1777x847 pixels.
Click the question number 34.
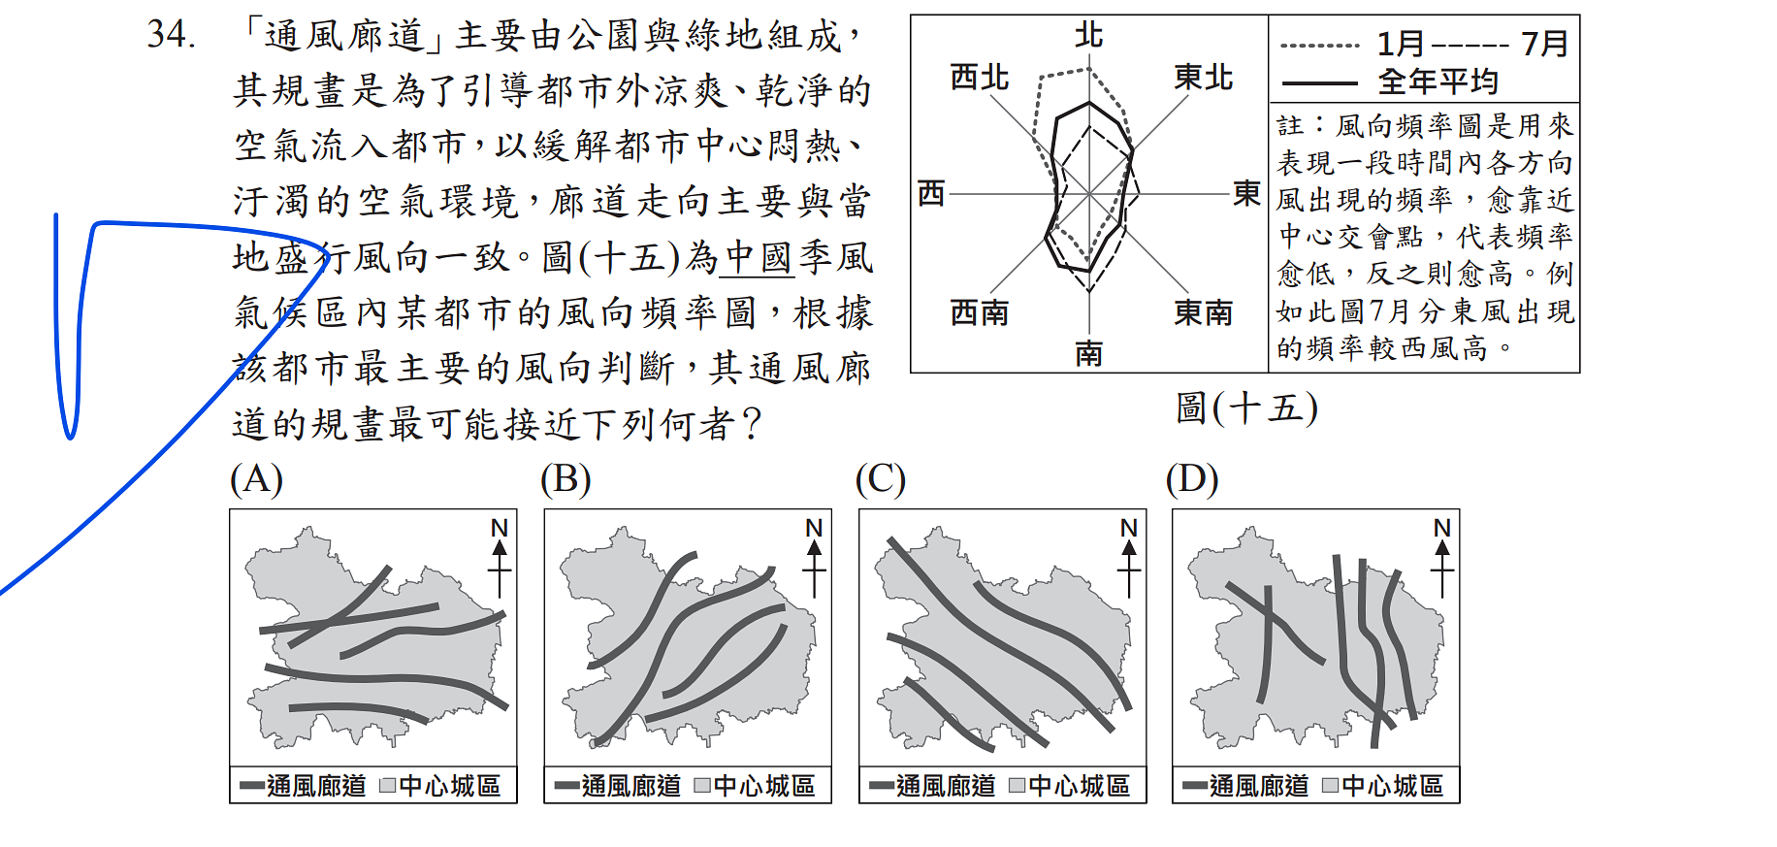[172, 35]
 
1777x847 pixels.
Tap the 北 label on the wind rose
[1089, 36]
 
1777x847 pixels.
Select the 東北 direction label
[1203, 77]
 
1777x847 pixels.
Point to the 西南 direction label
[979, 312]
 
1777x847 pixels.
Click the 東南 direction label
[1203, 312]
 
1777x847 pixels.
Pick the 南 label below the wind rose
[1089, 353]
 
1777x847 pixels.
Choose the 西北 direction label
[979, 77]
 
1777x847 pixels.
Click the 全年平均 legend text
[1438, 81]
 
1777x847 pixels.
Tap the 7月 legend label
[1544, 44]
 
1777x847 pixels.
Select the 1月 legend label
[1401, 44]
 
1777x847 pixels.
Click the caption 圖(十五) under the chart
[1246, 407]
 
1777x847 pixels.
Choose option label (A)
[256, 479]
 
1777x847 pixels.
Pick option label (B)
[566, 479]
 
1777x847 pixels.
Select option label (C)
[881, 479]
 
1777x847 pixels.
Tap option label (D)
[1192, 479]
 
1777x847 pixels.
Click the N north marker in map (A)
[500, 528]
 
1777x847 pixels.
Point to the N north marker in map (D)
[1442, 528]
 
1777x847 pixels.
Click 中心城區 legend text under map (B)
[764, 786]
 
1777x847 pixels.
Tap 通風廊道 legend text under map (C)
[946, 786]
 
